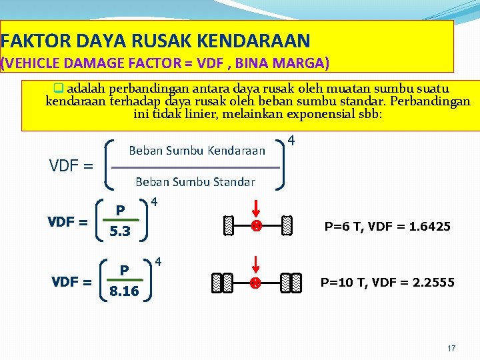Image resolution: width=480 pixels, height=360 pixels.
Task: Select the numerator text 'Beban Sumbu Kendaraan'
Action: (197, 151)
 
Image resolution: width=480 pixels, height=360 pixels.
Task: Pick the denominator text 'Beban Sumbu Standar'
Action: (195, 181)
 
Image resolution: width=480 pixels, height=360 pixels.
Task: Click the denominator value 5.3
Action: (120, 232)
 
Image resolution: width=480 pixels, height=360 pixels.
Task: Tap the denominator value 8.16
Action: (124, 291)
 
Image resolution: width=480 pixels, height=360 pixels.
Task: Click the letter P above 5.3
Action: (120, 211)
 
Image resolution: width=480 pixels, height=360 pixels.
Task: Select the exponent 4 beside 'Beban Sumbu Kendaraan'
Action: (291, 141)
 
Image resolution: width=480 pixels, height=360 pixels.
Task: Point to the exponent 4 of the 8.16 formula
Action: (159, 261)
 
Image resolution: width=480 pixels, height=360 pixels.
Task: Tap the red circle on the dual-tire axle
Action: (255, 283)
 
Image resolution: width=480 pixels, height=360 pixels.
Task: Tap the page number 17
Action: (451, 349)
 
